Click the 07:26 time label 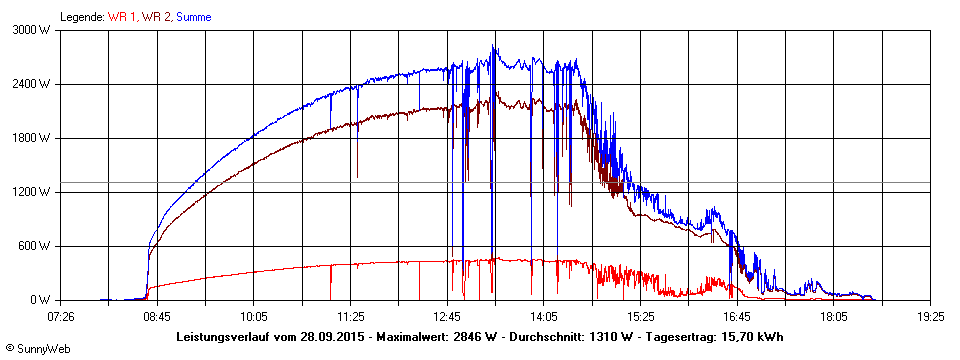[x=61, y=315]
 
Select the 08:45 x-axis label [x=157, y=315]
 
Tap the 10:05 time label [x=254, y=315]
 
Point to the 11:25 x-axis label [x=350, y=315]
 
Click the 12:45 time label [x=447, y=315]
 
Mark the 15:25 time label [x=640, y=315]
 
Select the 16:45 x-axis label [x=737, y=315]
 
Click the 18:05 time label [x=834, y=315]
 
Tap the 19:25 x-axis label [x=930, y=315]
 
